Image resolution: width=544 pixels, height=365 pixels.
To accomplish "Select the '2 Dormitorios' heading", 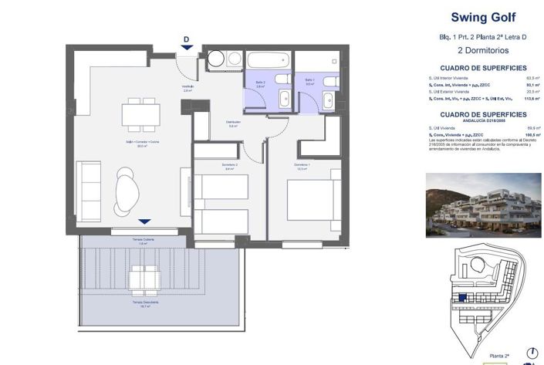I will pyautogui.click(x=483, y=50).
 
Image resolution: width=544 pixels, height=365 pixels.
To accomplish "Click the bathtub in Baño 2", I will pyautogui.click(x=268, y=60).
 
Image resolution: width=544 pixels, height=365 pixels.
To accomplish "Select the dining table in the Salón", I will pyautogui.click(x=141, y=114).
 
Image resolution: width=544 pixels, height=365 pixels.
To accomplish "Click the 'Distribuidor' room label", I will pyautogui.click(x=234, y=122).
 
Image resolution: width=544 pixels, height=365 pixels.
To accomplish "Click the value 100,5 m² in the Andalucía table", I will pyautogui.click(x=531, y=135).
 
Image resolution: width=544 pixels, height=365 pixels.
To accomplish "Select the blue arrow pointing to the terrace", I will pyautogui.click(x=144, y=221).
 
